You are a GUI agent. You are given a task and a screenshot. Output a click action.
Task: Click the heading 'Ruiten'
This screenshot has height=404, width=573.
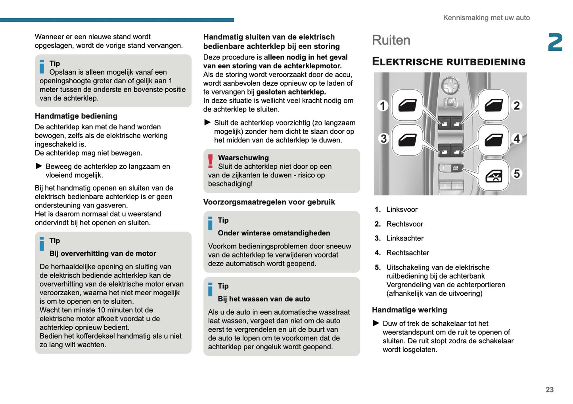(391, 40)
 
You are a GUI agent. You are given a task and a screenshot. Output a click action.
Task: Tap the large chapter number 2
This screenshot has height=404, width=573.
(555, 42)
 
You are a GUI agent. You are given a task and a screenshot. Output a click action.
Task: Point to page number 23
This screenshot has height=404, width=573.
(549, 390)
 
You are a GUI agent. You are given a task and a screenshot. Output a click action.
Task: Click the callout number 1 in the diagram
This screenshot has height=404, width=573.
(383, 106)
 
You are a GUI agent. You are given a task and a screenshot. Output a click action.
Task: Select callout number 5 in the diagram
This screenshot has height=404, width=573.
(517, 174)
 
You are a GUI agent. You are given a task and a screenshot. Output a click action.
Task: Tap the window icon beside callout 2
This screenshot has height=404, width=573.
(493, 105)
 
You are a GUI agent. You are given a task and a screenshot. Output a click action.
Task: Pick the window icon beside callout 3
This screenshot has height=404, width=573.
(407, 140)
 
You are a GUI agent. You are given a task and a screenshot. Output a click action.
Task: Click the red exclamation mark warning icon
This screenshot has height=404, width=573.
(211, 162)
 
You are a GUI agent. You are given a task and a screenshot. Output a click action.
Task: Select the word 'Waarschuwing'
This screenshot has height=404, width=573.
(243, 158)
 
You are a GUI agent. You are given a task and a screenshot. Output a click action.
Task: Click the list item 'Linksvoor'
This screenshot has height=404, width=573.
(402, 210)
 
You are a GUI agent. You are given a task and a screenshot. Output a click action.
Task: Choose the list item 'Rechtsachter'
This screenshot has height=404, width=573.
(408, 253)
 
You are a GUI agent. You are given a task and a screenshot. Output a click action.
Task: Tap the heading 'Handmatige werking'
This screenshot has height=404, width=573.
(409, 310)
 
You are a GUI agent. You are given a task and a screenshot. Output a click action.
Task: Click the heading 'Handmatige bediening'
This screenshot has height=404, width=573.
(76, 116)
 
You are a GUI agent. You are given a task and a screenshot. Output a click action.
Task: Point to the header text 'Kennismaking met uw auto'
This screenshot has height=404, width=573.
(486, 18)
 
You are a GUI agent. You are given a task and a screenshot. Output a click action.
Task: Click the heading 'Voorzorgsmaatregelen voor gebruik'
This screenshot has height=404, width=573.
(269, 202)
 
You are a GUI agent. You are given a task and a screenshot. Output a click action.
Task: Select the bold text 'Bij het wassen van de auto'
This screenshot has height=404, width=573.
(264, 299)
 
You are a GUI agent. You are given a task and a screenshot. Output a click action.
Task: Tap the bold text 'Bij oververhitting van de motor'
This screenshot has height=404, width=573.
(103, 254)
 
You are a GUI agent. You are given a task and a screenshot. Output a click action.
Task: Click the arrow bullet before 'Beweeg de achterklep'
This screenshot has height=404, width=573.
(39, 166)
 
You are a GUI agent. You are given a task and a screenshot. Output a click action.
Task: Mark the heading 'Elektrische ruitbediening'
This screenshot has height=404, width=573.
(448, 62)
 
